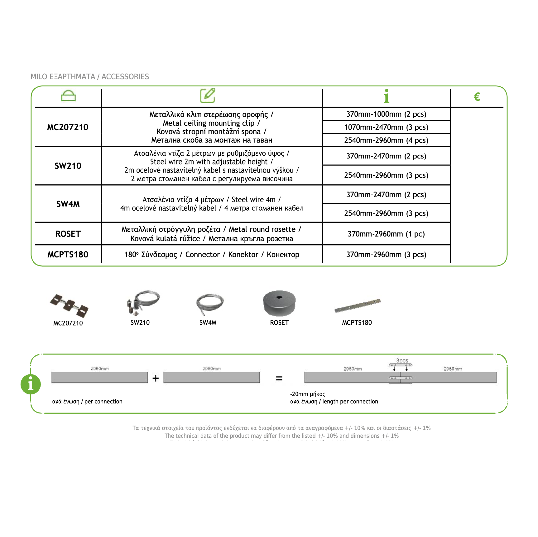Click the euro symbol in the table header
coord(477,97)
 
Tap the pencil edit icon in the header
coord(208,95)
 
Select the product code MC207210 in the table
coord(68,127)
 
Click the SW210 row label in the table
coord(68,166)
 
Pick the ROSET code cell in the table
coord(68,234)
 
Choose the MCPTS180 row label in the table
coord(68,255)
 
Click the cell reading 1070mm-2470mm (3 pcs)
coord(386,127)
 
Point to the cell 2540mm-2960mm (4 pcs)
coord(386,140)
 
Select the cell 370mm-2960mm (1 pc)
coord(386,234)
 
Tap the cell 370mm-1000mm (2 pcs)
coord(386,114)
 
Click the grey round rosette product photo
coord(279,303)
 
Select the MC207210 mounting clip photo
coord(69,305)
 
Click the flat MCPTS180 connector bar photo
coord(358,305)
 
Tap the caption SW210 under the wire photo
coord(140,323)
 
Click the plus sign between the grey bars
coord(156,378)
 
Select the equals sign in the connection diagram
coord(279,378)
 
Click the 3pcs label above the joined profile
coord(402,361)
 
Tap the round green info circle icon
coord(31,384)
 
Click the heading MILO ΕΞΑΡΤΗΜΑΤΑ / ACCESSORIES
coord(90,77)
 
